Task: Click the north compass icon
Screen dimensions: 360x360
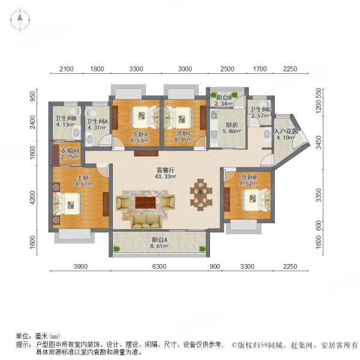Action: click(20, 21)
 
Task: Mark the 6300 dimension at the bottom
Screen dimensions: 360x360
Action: click(158, 266)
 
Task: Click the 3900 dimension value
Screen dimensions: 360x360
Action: click(81, 266)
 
